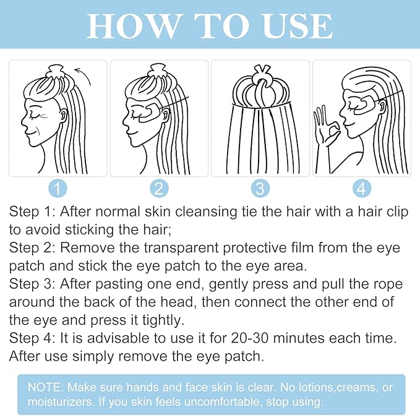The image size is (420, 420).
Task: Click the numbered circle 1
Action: click(58, 188)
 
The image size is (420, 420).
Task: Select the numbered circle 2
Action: click(159, 188)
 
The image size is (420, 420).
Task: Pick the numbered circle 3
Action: click(260, 188)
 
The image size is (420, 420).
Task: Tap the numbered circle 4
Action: click(362, 188)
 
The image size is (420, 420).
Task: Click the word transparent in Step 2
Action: click(181, 247)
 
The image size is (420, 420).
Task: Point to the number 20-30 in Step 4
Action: click(250, 338)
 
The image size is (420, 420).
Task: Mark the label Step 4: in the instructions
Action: click(32, 338)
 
